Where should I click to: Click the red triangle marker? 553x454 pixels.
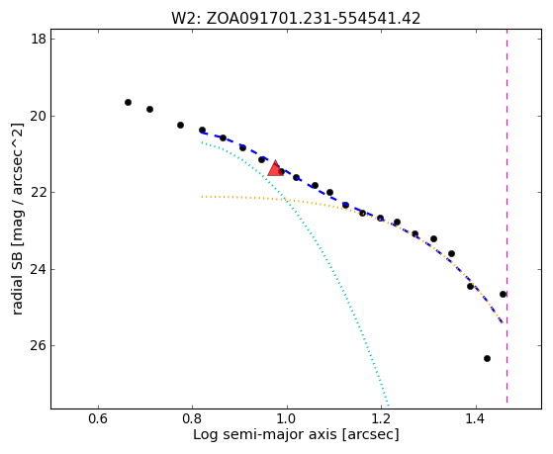click(x=275, y=168)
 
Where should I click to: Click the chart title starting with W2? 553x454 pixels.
click(x=296, y=19)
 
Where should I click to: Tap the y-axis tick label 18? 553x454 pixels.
click(x=39, y=39)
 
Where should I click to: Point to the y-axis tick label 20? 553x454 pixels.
click(x=39, y=116)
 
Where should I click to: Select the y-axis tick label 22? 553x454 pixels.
click(x=39, y=193)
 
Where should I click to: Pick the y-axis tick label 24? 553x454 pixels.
click(x=39, y=269)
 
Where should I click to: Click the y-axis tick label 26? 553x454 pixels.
click(x=39, y=346)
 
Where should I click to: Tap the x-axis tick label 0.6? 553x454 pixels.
click(x=98, y=418)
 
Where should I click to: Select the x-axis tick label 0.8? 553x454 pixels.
click(x=192, y=418)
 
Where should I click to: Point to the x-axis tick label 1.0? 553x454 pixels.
click(x=287, y=418)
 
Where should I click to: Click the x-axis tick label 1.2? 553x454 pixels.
click(x=381, y=418)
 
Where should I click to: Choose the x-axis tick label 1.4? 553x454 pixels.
click(x=476, y=418)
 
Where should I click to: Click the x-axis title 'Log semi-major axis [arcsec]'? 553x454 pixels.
click(x=296, y=435)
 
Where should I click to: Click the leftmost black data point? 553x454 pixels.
click(x=128, y=102)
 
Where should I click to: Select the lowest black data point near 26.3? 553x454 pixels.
click(x=487, y=358)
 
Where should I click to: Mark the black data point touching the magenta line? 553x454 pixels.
click(x=503, y=294)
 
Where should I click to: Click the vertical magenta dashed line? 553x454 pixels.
click(x=507, y=217)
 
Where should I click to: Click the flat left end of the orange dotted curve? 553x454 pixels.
click(x=202, y=197)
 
